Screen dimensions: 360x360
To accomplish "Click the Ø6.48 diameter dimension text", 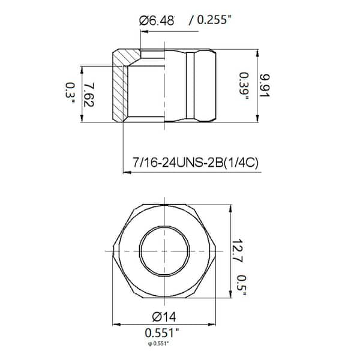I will (x=158, y=20).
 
